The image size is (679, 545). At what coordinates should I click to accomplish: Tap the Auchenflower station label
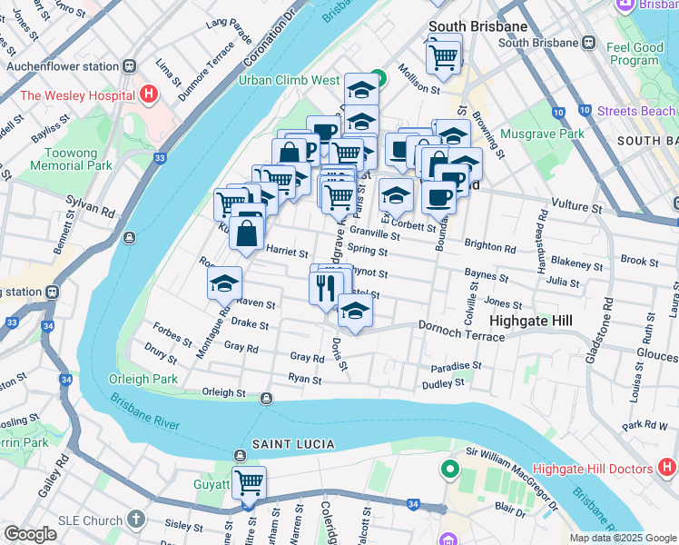63,66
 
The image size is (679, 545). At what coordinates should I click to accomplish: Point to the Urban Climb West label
289,80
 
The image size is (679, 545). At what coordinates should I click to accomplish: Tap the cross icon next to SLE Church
135,520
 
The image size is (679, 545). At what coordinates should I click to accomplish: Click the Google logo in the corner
30,534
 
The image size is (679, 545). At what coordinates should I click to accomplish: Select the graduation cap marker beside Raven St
224,283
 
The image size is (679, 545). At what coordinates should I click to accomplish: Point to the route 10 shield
557,113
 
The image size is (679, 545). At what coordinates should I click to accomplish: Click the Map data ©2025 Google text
623,538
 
